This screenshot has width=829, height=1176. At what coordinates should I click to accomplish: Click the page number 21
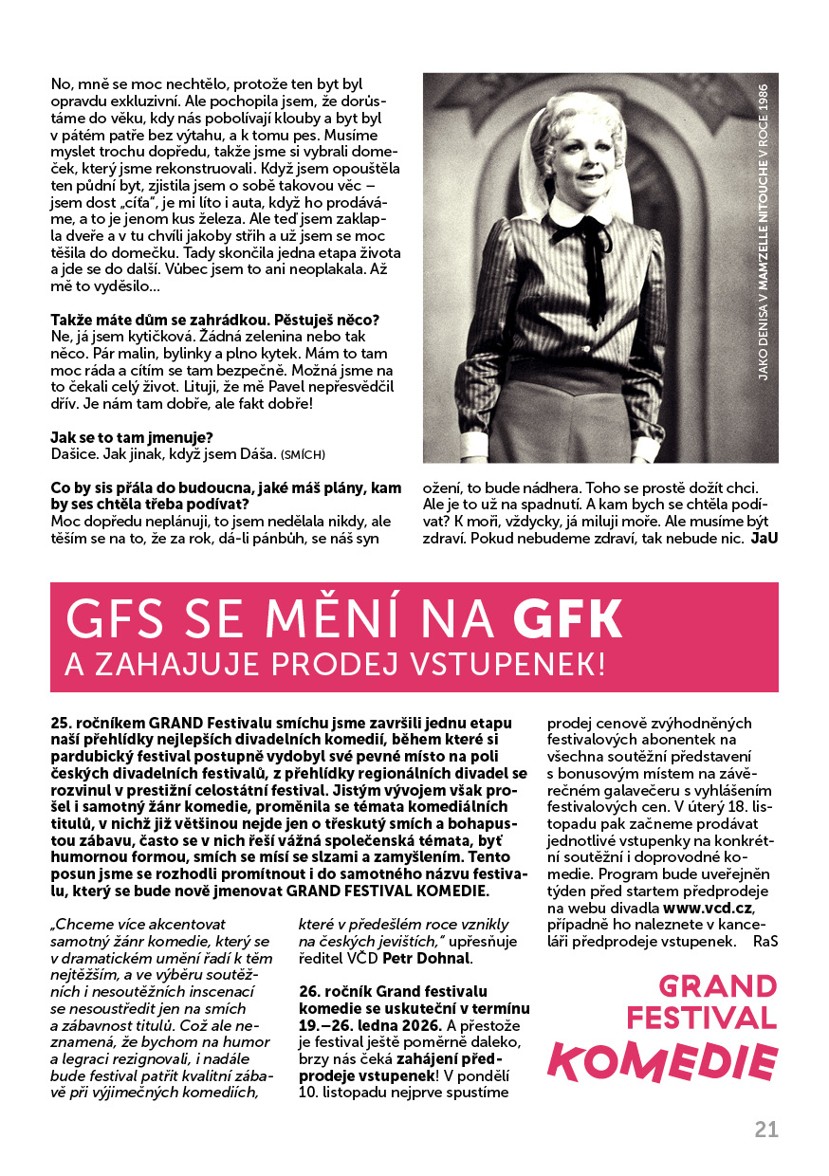(x=766, y=1130)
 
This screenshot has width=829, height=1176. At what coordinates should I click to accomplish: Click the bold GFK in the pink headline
(x=568, y=618)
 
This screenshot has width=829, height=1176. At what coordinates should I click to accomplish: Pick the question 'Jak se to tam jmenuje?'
(x=131, y=437)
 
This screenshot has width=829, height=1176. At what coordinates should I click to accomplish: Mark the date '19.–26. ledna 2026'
(x=370, y=1025)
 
